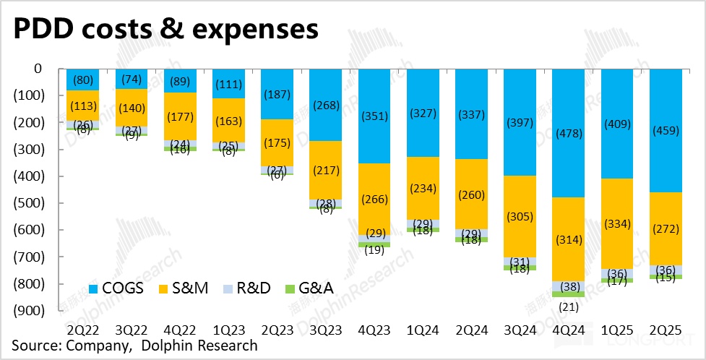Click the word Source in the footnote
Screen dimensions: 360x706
coord(34,346)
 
